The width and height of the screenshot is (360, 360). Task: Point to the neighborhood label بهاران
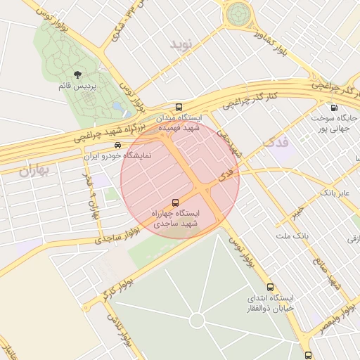click(36, 169)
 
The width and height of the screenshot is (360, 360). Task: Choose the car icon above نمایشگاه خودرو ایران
click(117, 145)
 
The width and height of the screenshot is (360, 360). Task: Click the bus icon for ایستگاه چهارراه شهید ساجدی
click(175, 202)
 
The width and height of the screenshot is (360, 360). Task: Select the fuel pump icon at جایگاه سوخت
click(333, 108)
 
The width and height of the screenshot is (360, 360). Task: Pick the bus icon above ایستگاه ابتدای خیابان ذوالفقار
click(270, 287)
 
